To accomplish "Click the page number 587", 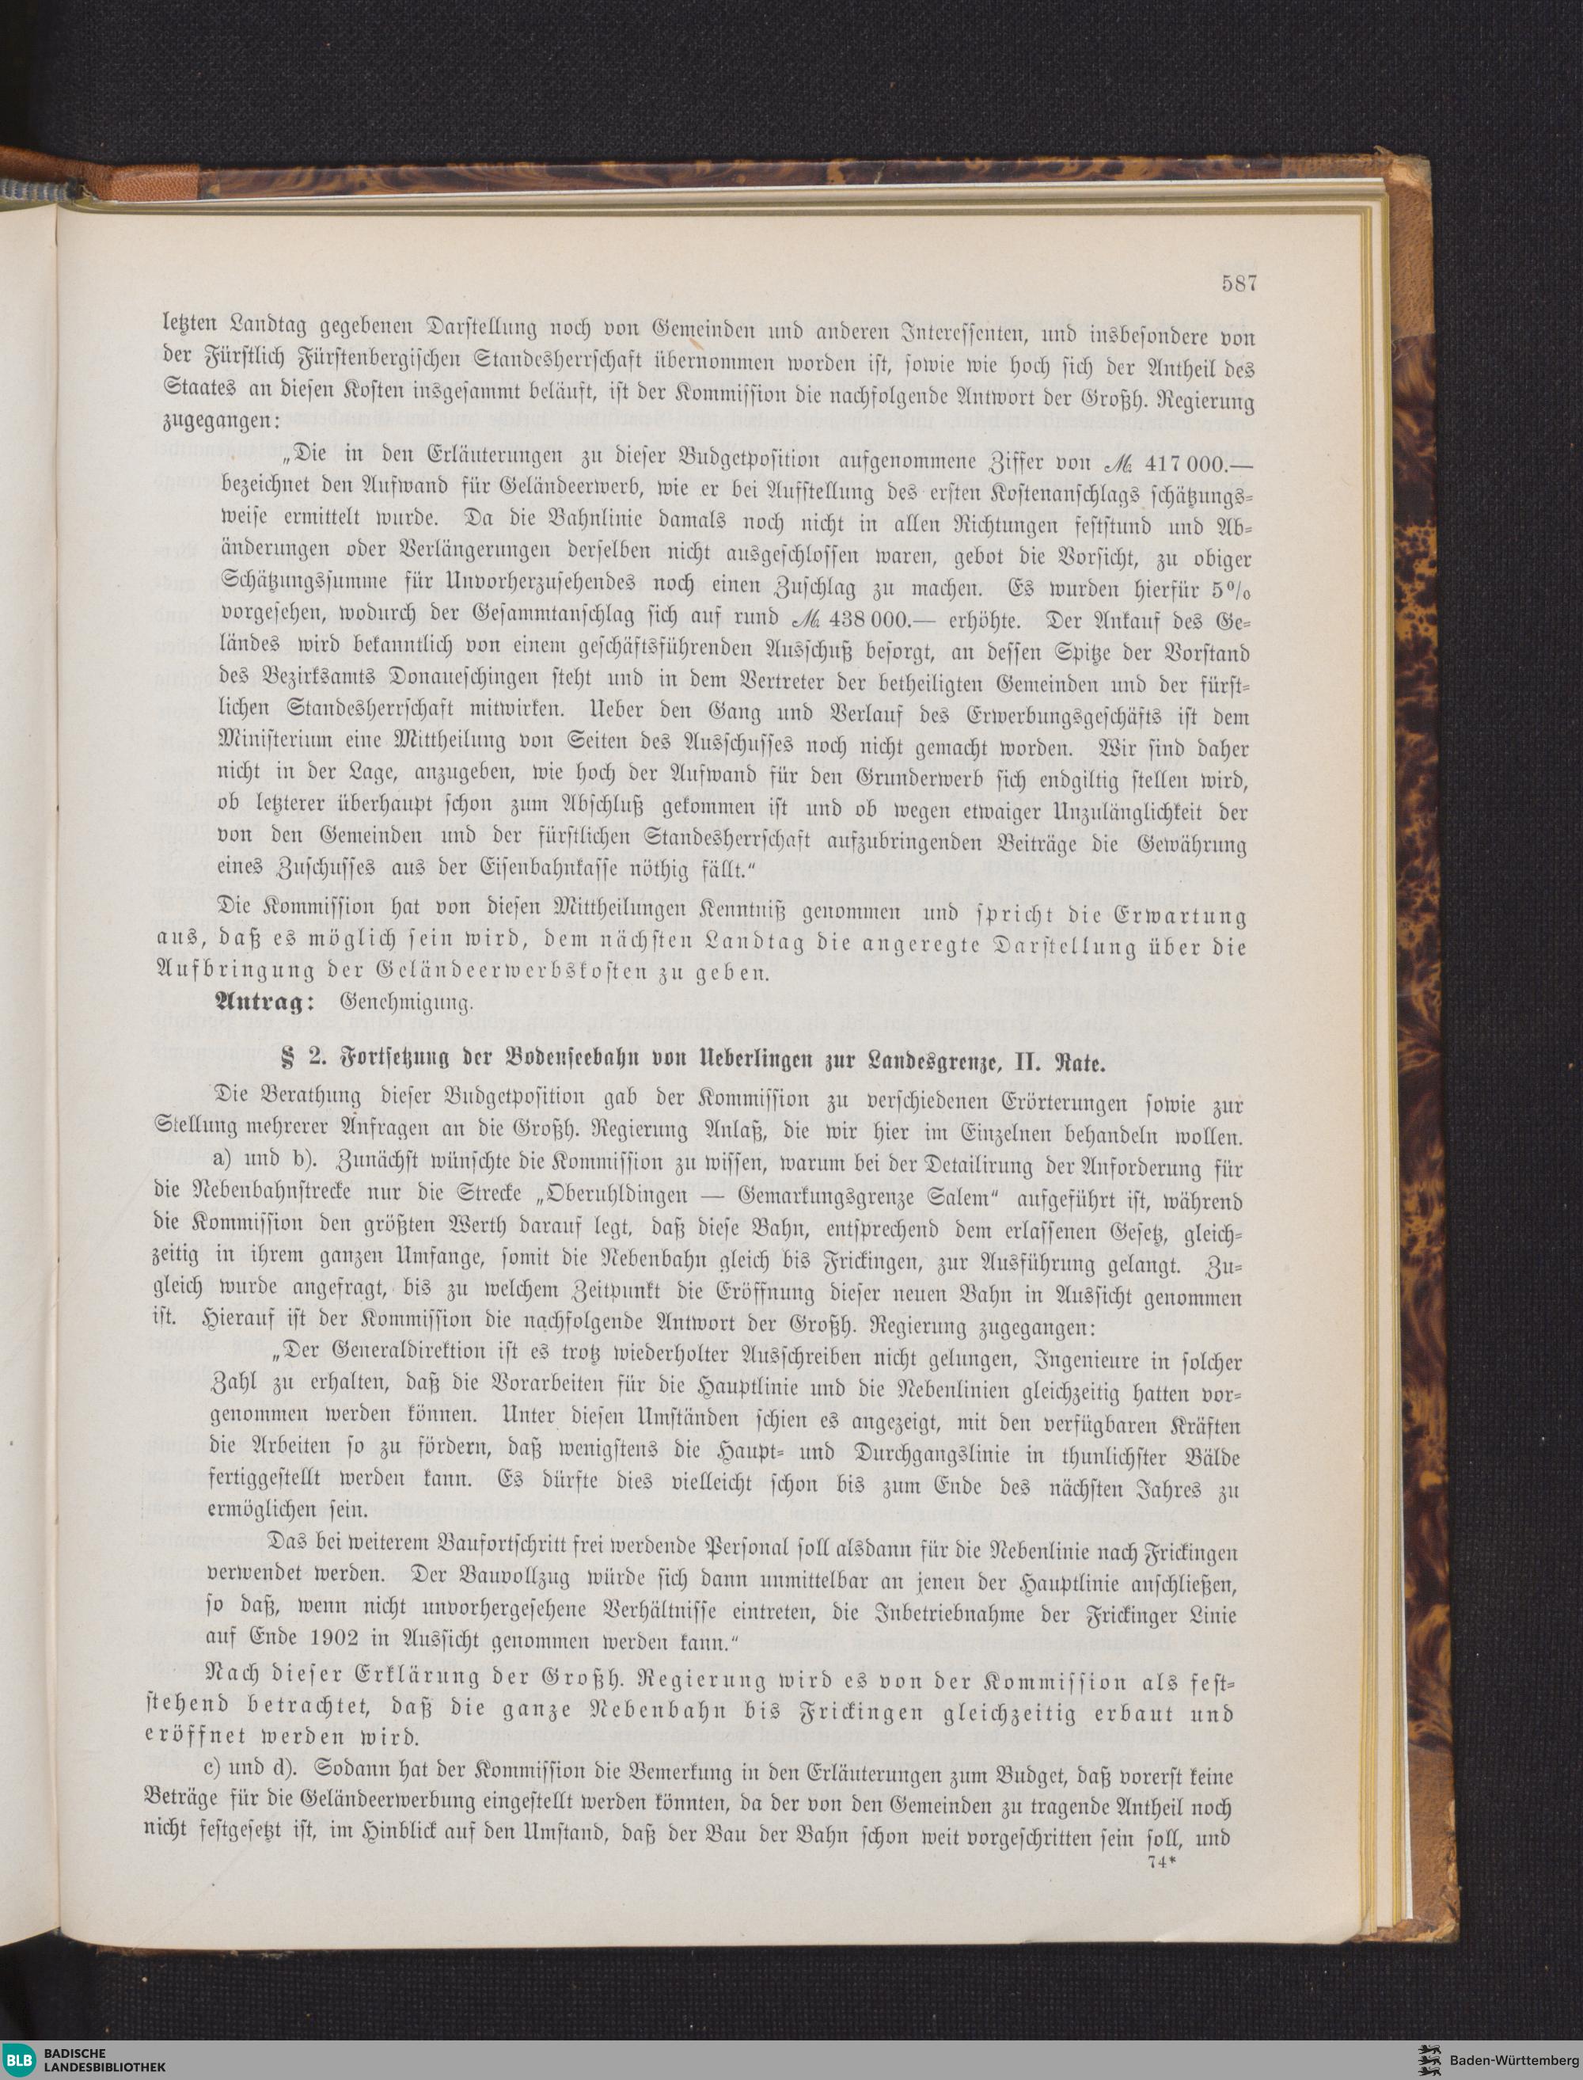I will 1239,283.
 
